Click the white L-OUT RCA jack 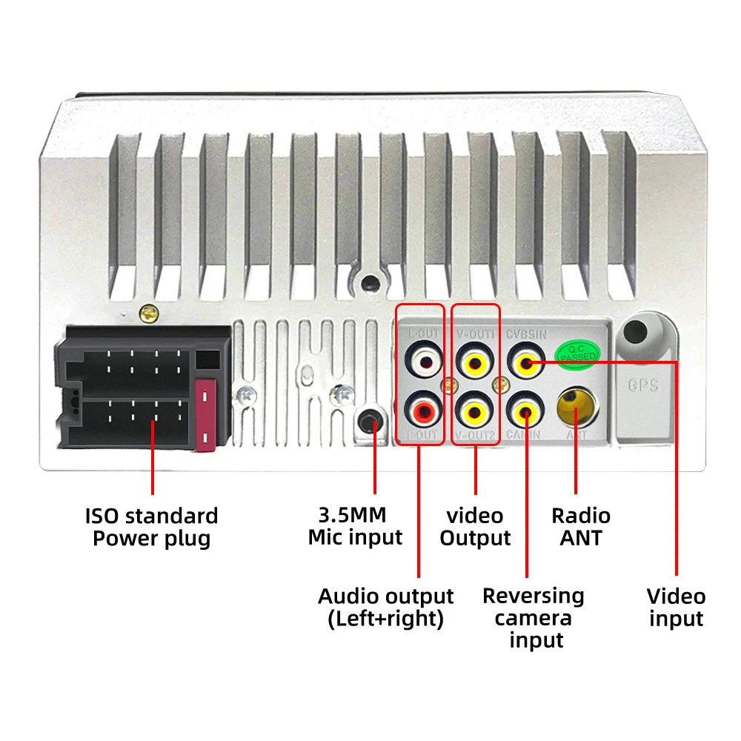tap(424, 362)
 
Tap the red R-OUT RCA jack tap(424, 409)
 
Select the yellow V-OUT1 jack tap(474, 362)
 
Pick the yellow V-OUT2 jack tap(474, 409)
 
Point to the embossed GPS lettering tap(642, 385)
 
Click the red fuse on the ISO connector tap(205, 414)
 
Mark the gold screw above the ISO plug tap(150, 313)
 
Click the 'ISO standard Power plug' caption tap(152, 527)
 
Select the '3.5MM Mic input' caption tap(355, 527)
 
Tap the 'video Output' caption tap(475, 527)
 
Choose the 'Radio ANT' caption tap(581, 527)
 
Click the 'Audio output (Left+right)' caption tap(385, 607)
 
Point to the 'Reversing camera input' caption tap(534, 617)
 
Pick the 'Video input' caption tap(676, 607)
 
